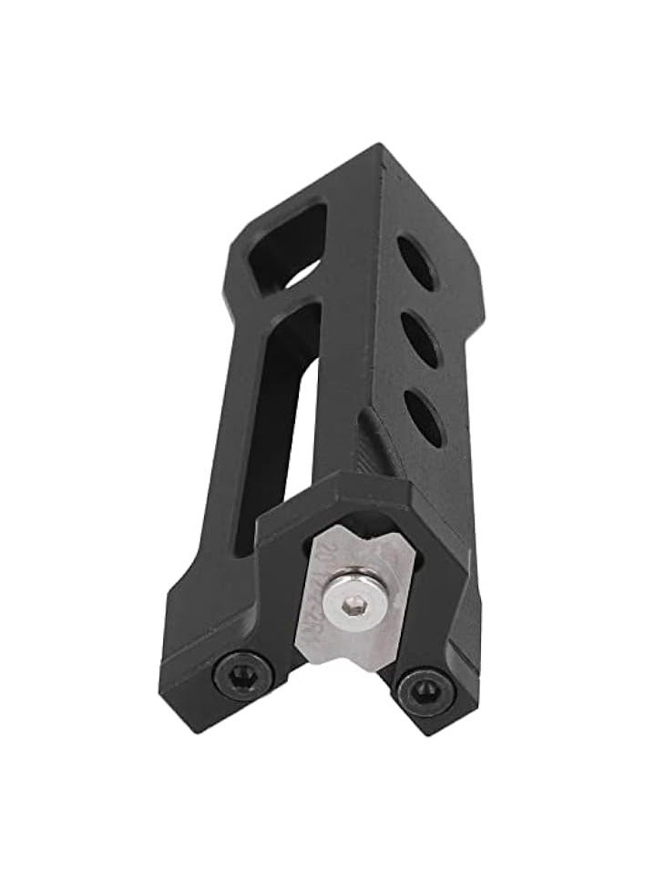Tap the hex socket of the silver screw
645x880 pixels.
tap(349, 595)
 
